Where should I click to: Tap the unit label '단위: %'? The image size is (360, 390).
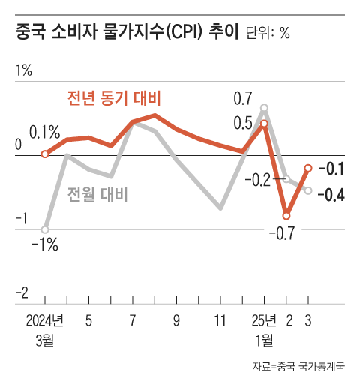[x=268, y=34]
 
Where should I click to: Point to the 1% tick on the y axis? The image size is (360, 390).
[x=23, y=71]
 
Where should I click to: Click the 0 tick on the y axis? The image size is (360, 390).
[x=19, y=145]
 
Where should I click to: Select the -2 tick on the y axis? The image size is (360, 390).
[x=22, y=292]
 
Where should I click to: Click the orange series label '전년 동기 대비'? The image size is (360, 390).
[x=115, y=98]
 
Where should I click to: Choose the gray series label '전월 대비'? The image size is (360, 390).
[x=97, y=195]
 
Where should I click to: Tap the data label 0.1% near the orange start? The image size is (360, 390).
[x=44, y=133]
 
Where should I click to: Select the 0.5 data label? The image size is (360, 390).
[x=243, y=123]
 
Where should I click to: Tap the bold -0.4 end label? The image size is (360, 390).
[x=331, y=195]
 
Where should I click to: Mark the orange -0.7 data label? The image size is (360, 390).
[x=285, y=234]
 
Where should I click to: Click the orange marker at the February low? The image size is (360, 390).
[x=286, y=216]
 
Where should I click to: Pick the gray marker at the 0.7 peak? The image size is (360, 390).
[x=264, y=108]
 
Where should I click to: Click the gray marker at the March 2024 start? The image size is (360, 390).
[x=45, y=229]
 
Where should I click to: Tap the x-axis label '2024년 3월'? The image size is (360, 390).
[x=44, y=331]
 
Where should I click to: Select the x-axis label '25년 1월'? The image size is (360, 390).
[x=264, y=331]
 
